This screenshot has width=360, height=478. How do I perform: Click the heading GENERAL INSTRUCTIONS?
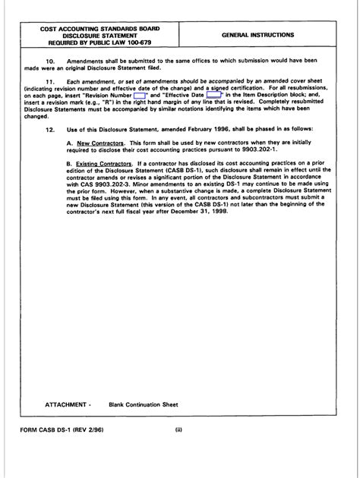(259, 36)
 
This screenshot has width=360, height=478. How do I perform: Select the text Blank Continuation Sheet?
(147, 405)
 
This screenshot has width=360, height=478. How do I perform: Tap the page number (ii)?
(179, 452)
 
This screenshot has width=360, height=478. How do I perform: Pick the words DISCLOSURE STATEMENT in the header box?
(95, 36)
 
